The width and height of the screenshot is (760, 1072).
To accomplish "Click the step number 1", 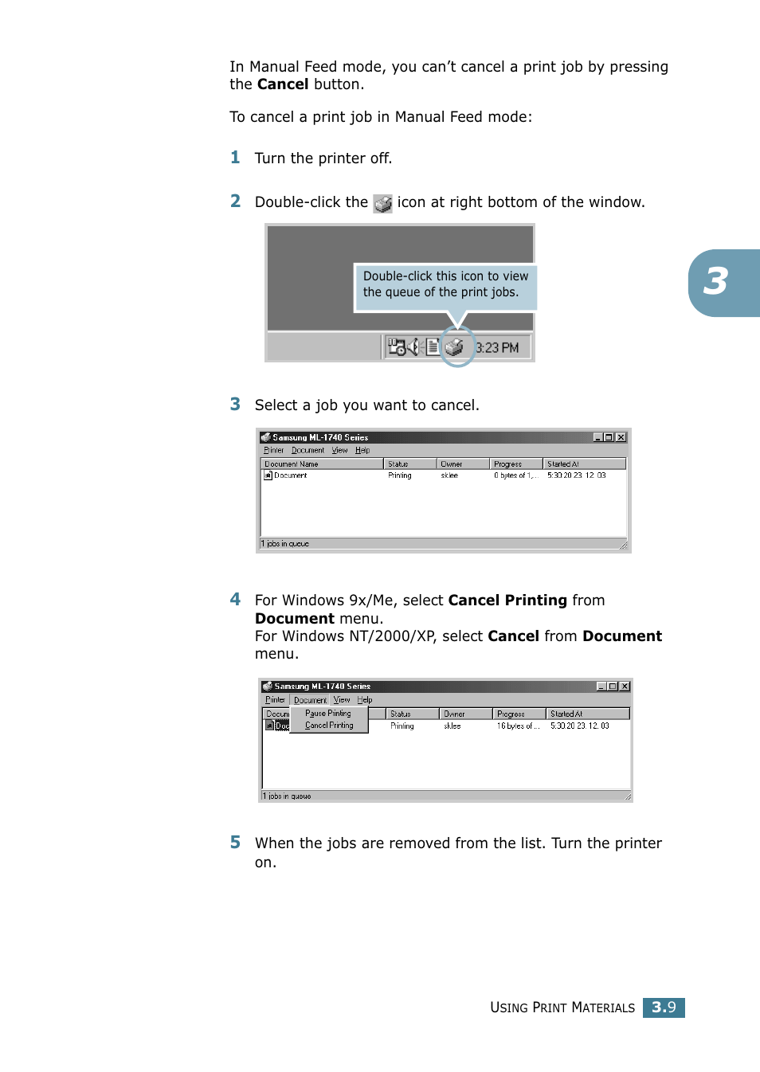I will pos(235,158).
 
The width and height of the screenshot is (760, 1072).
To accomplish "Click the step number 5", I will pos(235,843).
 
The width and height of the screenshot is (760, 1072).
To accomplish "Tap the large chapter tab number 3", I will pos(716,282).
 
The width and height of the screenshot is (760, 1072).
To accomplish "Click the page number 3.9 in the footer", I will pos(664,1007).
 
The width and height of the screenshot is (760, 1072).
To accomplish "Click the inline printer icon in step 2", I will pos(383,204).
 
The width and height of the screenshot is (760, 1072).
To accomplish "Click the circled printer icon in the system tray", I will pos(455,347).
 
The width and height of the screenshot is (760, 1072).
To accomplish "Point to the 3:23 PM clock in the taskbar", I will pos(497,348).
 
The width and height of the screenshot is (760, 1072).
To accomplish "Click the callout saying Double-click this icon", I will pos(445,284).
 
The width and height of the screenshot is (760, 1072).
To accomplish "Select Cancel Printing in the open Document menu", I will pos(329,726).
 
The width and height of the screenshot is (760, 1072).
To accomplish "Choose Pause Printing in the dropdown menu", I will pos(327,714).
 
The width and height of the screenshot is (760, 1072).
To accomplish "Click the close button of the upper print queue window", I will pos(621,437).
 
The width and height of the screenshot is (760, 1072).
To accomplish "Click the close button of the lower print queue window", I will pos(625,687).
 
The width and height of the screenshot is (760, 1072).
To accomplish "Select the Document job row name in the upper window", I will pos(290,475).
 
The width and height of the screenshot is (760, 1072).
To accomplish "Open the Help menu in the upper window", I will pos(362,451).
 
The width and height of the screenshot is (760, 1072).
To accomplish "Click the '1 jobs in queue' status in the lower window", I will pos(290,796).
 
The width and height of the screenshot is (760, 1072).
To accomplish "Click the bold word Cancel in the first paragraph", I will pos(283,84).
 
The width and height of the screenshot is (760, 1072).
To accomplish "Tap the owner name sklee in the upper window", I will pos(449,475).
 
